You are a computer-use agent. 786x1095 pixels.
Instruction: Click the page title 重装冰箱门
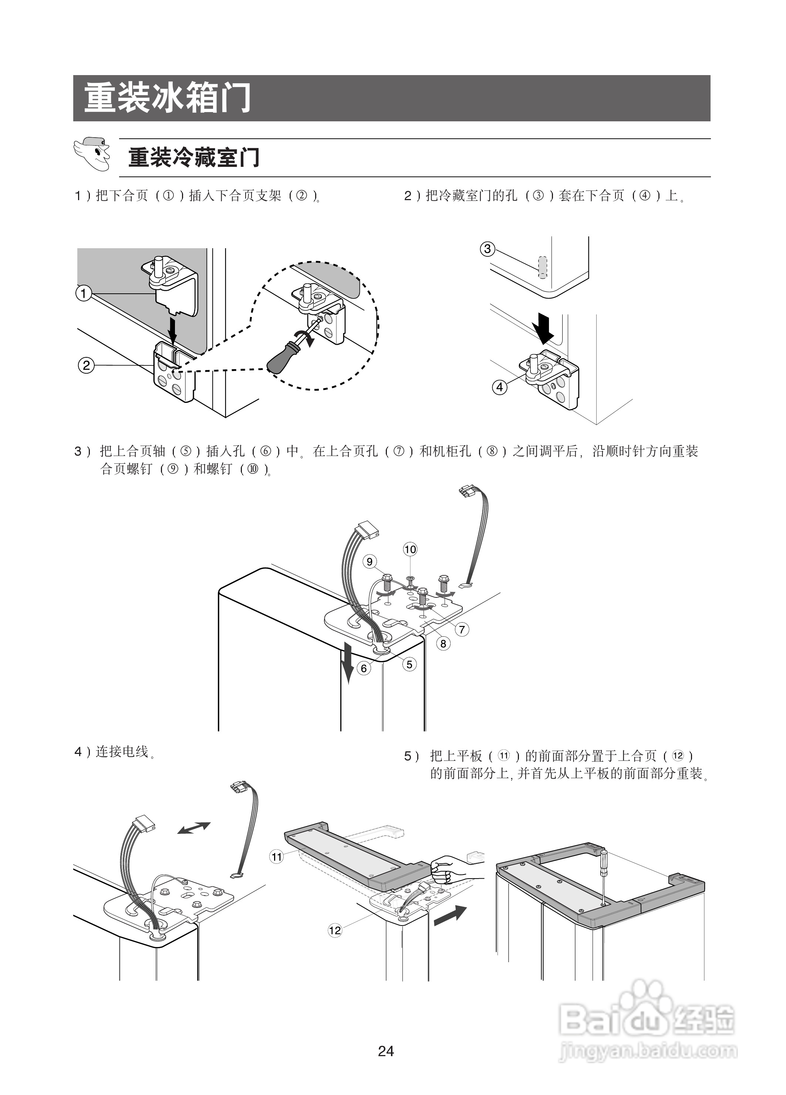click(x=168, y=98)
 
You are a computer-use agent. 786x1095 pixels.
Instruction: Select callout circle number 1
click(x=84, y=293)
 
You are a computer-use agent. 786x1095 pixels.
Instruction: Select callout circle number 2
click(x=86, y=365)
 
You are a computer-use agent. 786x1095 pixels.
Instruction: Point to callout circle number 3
click(x=488, y=249)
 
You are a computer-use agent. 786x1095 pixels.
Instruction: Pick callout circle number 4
click(x=500, y=387)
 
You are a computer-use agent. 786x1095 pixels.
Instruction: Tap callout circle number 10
click(x=410, y=549)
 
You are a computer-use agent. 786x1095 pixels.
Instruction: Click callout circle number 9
click(x=370, y=562)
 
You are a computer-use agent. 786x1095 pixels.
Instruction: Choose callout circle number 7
click(x=462, y=629)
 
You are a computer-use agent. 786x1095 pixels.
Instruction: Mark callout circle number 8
click(x=443, y=644)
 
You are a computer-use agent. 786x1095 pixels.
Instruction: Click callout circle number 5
click(x=409, y=664)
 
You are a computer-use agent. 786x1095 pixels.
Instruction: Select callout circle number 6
click(x=364, y=669)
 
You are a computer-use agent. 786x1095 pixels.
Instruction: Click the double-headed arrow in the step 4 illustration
click(x=193, y=828)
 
